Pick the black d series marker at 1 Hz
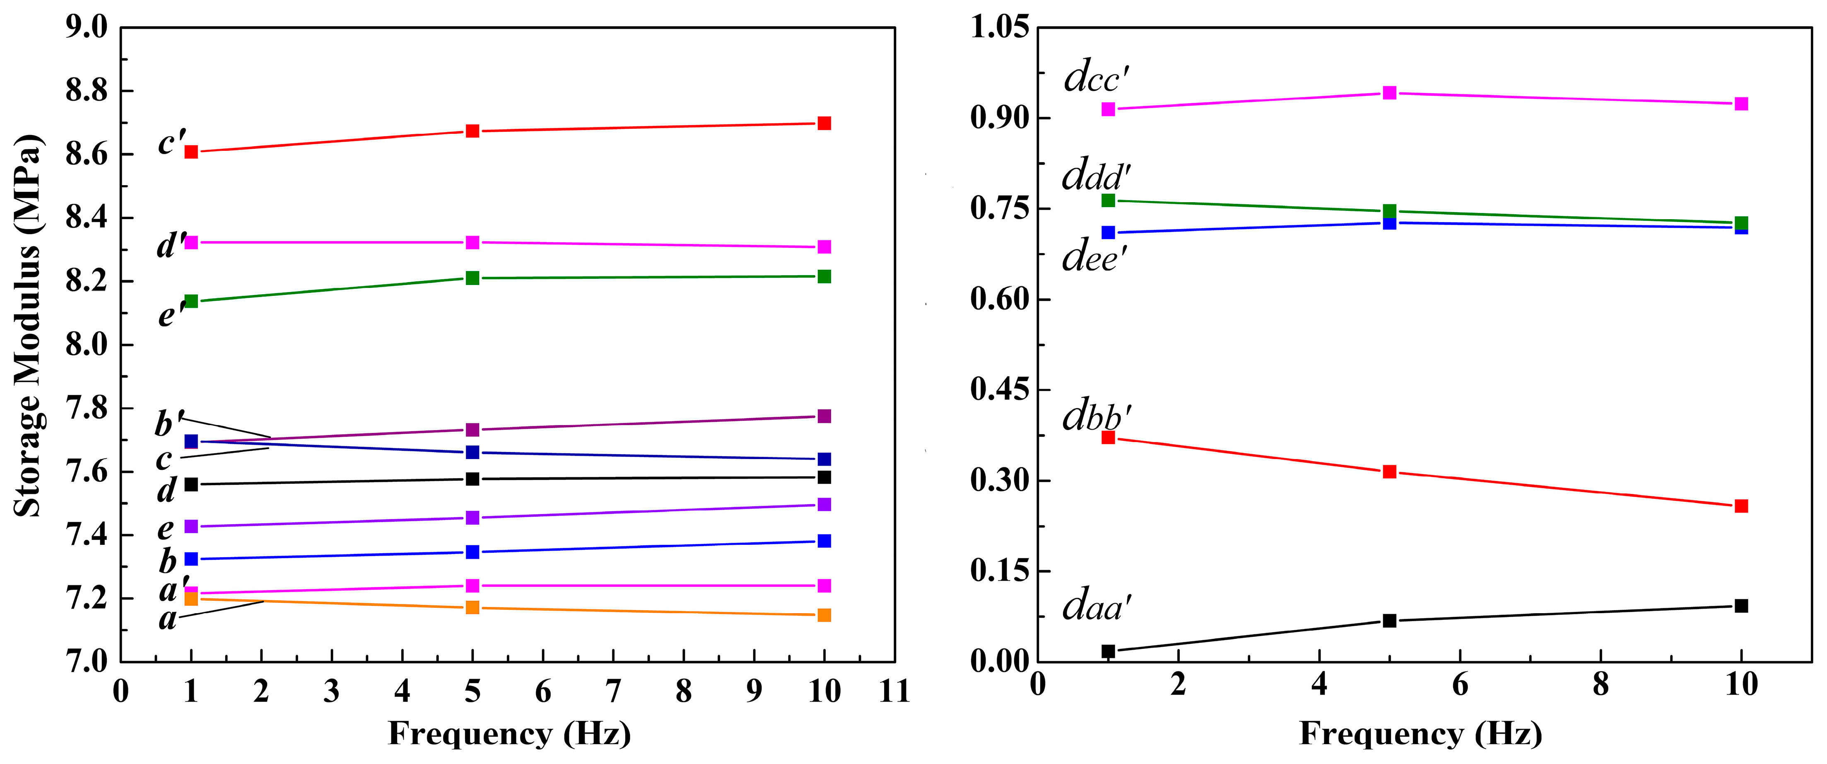191,484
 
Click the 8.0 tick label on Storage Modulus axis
87,345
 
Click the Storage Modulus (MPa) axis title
29,325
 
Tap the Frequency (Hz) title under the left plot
509,733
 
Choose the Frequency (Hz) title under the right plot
1421,733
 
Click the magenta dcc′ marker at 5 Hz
1389,93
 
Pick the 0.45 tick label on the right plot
999,389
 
